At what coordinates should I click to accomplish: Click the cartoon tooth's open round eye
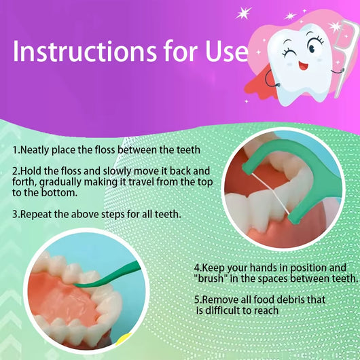click(314, 47)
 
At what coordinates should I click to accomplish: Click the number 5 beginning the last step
click(197, 300)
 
